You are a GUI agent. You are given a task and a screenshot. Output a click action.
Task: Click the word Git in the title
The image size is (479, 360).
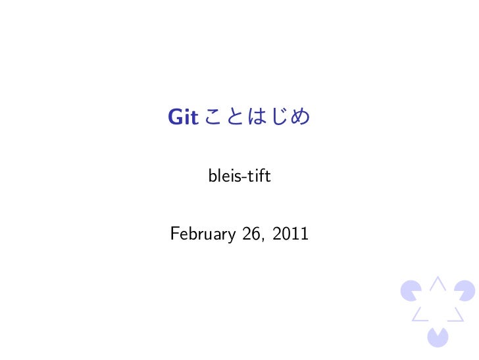tap(183, 118)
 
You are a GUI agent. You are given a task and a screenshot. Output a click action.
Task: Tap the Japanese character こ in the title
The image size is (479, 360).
tap(214, 118)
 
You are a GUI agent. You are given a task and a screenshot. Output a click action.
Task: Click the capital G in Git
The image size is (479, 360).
tap(176, 118)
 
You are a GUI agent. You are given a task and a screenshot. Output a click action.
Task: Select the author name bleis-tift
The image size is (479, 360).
tap(239, 176)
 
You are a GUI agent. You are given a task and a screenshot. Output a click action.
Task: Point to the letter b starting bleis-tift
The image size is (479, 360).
tap(212, 176)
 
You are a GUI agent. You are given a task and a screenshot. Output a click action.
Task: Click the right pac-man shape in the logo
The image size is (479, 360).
tap(465, 290)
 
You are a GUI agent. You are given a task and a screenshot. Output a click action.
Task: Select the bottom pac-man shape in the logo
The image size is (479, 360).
tap(438, 337)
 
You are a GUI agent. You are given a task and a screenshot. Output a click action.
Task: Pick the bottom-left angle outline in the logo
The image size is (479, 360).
tap(419, 315)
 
